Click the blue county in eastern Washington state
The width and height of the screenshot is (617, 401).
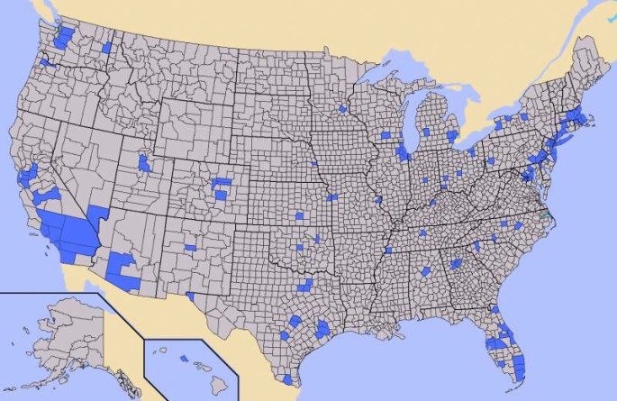pyautogui.click(x=106, y=48)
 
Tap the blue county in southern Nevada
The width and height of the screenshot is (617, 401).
pyautogui.click(x=98, y=214)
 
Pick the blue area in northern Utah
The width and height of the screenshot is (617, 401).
pyautogui.click(x=144, y=163)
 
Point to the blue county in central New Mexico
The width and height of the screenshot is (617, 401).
pyautogui.click(x=190, y=247)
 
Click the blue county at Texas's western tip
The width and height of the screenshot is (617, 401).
pyautogui.click(x=190, y=295)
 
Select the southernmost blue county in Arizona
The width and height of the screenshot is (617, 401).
pyautogui.click(x=130, y=279)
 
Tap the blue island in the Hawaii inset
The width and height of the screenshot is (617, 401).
pyautogui.click(x=184, y=358)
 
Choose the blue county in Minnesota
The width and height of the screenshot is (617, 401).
pyautogui.click(x=342, y=108)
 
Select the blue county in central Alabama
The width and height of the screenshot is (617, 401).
pyautogui.click(x=426, y=270)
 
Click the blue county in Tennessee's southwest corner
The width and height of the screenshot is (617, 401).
pyautogui.click(x=388, y=250)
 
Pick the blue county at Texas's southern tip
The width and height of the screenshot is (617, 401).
pyautogui.click(x=287, y=378)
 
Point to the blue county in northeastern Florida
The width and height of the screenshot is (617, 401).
pyautogui.click(x=495, y=310)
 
